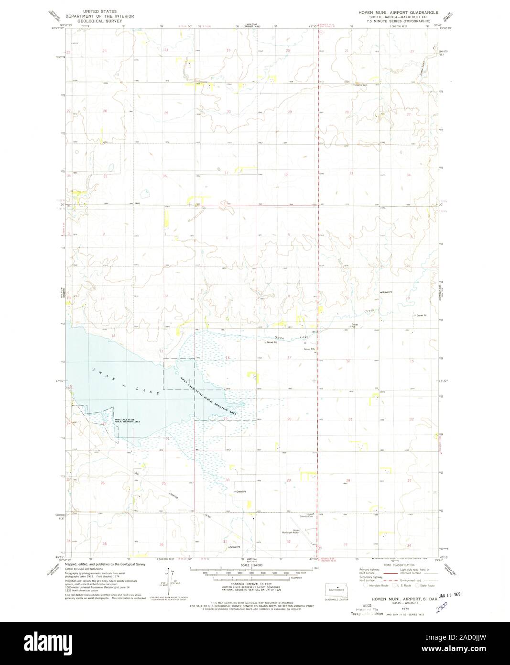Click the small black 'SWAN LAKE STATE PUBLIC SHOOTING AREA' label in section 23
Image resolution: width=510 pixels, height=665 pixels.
click(127, 421)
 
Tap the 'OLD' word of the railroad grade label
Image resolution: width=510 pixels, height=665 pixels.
click(136, 474)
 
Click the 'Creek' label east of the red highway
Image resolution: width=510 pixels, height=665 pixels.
click(372, 311)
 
